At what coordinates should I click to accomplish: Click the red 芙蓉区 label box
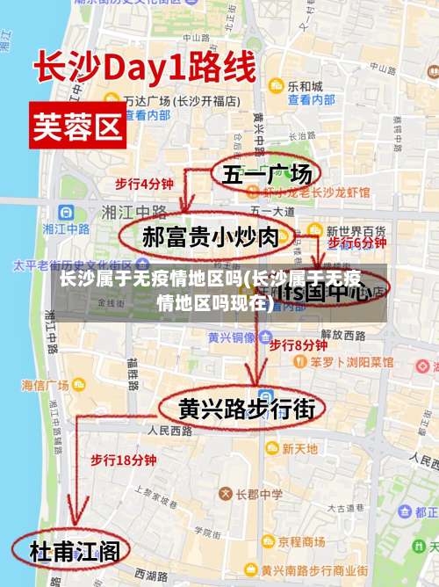pos(77,127)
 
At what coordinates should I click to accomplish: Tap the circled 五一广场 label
pos(266,175)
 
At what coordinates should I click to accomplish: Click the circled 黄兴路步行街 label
pos(239,409)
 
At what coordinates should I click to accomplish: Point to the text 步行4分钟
pos(144,184)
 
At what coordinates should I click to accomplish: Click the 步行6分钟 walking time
pos(356,242)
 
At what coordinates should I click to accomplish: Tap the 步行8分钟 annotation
pos(298,344)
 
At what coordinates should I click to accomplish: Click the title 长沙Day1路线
pos(145,68)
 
